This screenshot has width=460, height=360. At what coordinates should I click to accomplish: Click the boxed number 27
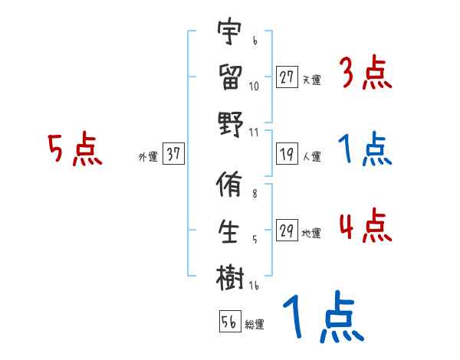(x=287, y=77)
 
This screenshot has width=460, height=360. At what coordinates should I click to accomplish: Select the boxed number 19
(x=287, y=155)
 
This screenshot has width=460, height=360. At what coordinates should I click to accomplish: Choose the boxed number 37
(x=173, y=155)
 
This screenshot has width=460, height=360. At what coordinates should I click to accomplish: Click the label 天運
(x=311, y=79)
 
